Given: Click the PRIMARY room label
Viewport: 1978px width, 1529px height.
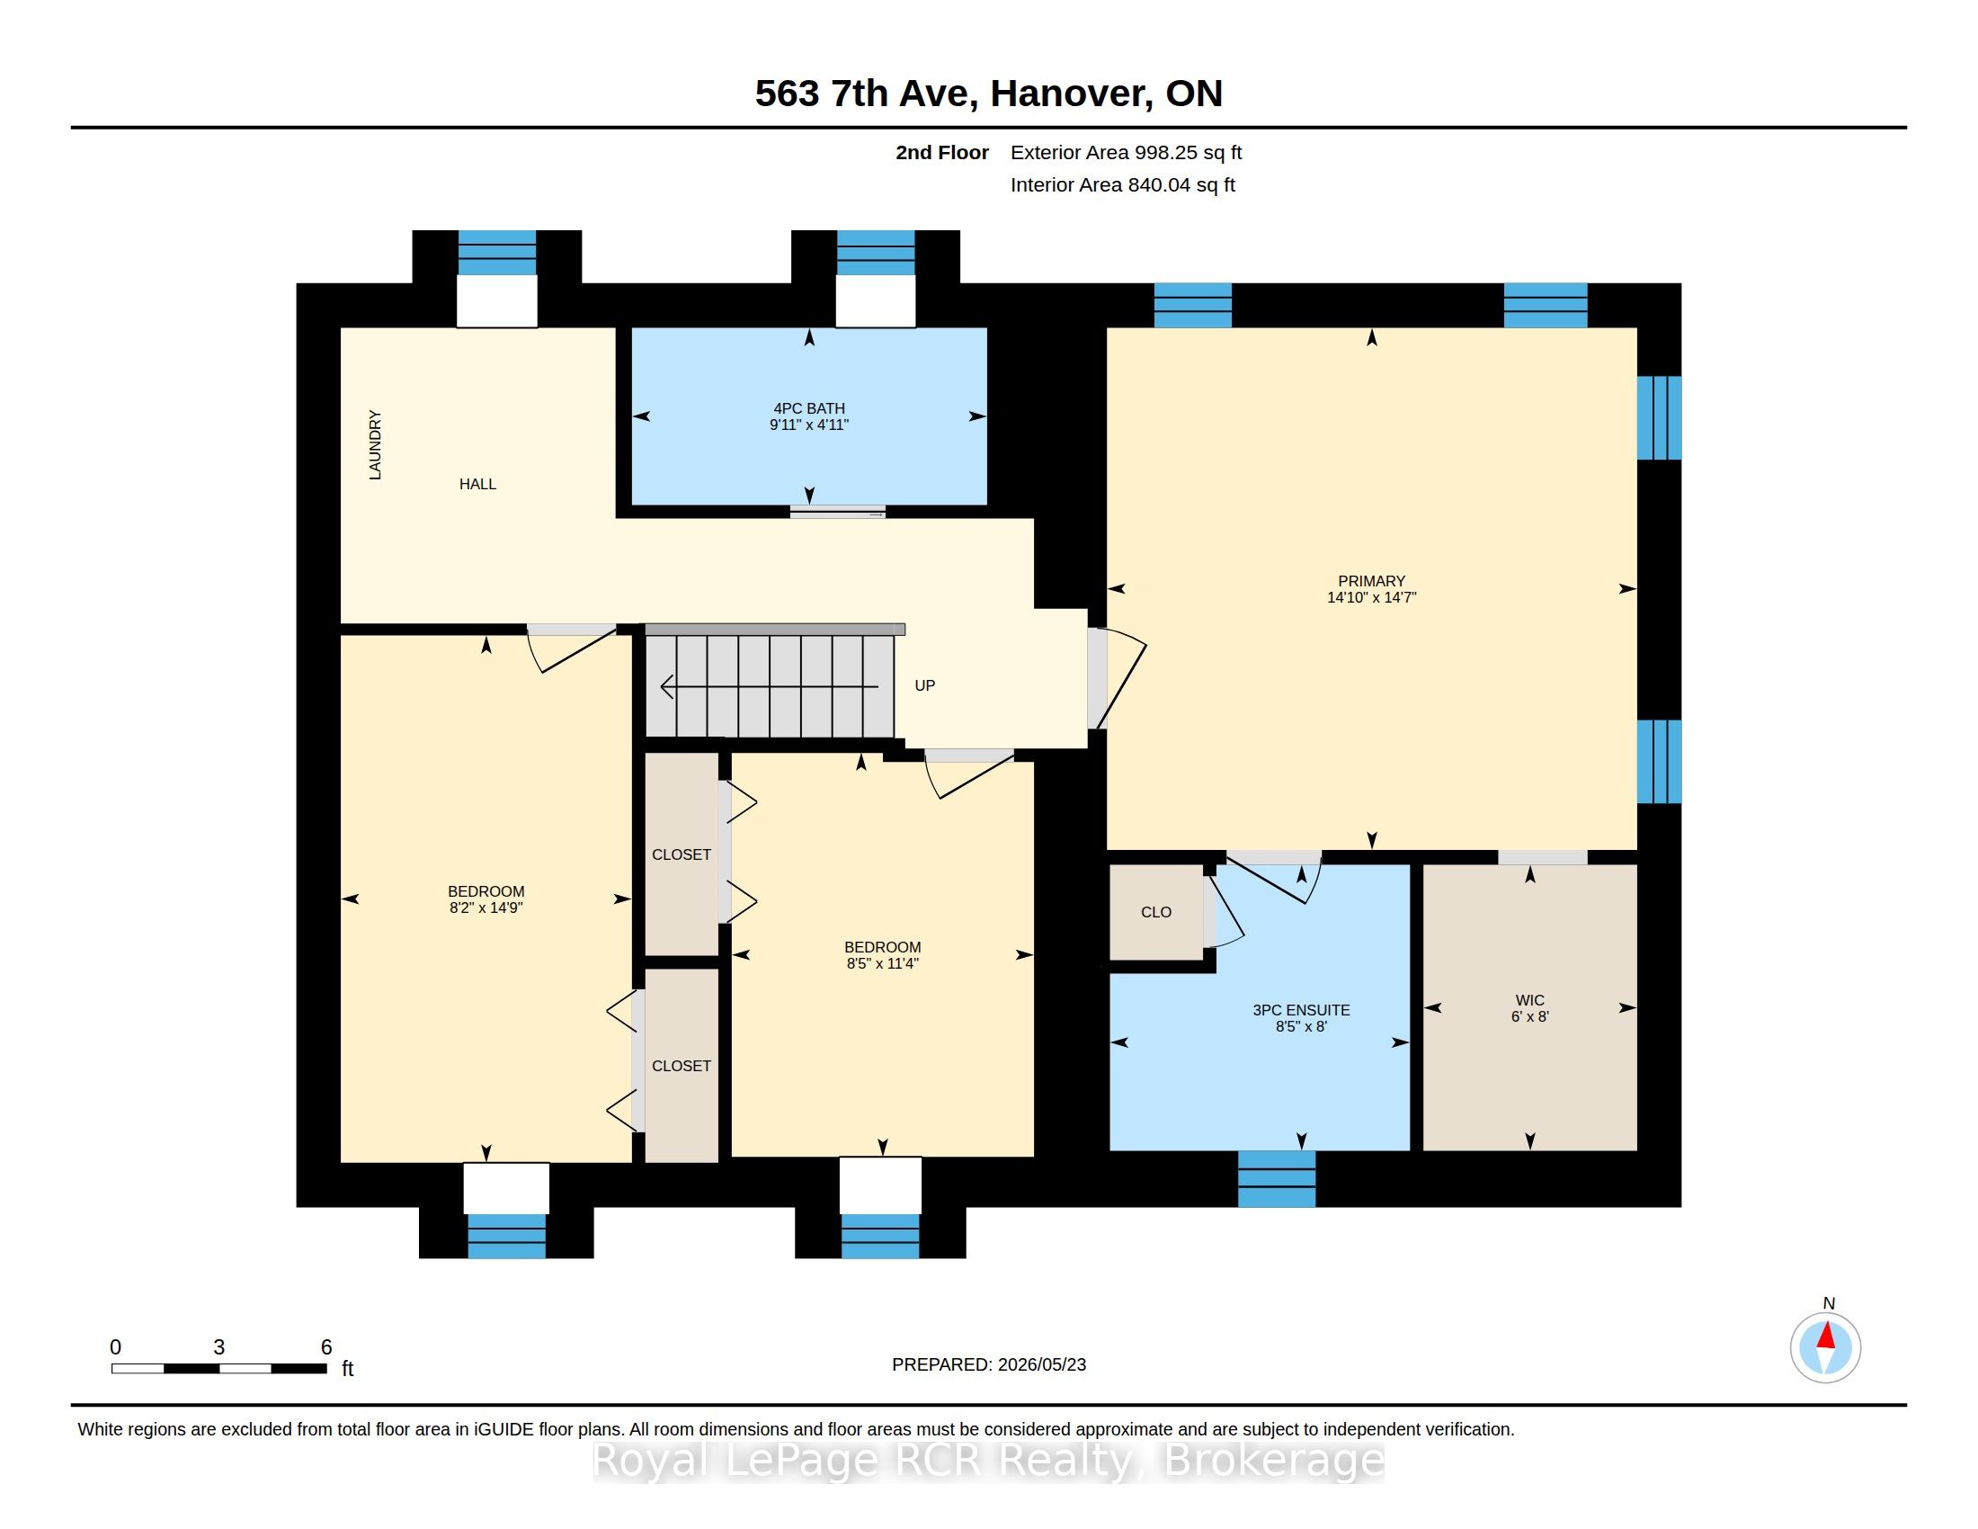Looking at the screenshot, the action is pyautogui.click(x=1371, y=581).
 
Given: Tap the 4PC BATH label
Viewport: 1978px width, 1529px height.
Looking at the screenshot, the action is pyautogui.click(x=809, y=408).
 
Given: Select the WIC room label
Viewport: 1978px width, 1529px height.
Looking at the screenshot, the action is pyautogui.click(x=1529, y=1000).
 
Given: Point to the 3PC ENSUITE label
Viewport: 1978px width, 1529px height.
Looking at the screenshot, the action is pyautogui.click(x=1301, y=1010).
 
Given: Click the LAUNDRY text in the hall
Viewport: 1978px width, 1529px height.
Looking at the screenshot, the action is pyautogui.click(x=375, y=444).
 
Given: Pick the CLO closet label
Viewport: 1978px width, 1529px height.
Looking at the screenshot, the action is pyautogui.click(x=1155, y=912).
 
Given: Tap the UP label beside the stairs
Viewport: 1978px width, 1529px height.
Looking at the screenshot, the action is pyautogui.click(x=924, y=685).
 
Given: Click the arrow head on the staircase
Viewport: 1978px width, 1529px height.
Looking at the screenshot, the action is pyautogui.click(x=667, y=687).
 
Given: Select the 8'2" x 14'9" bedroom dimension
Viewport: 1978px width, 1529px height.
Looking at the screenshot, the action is pyautogui.click(x=486, y=908).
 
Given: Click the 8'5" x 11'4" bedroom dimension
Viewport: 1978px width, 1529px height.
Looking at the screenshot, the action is pyautogui.click(x=882, y=964).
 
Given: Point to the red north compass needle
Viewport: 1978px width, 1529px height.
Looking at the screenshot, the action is pyautogui.click(x=1826, y=1336).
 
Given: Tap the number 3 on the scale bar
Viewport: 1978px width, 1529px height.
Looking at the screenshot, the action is pyautogui.click(x=219, y=1347).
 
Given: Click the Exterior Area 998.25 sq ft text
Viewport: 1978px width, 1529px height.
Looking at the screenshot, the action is pyautogui.click(x=1126, y=153).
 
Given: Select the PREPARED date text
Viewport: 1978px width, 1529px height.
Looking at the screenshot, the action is pyautogui.click(x=989, y=1364).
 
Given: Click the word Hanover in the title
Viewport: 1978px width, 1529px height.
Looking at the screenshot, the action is pyautogui.click(x=1072, y=94).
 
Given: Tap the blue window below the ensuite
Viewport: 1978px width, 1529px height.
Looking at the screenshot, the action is pyautogui.click(x=1276, y=1178).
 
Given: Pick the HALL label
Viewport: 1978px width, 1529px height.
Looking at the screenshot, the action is pyautogui.click(x=477, y=484).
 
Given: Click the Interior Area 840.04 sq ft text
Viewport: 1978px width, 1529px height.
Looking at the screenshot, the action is pyautogui.click(x=1122, y=185).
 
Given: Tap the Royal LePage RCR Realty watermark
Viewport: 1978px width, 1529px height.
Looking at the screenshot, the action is pyautogui.click(x=988, y=1460).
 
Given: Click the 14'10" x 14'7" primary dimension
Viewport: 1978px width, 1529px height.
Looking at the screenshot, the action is pyautogui.click(x=1371, y=598).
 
